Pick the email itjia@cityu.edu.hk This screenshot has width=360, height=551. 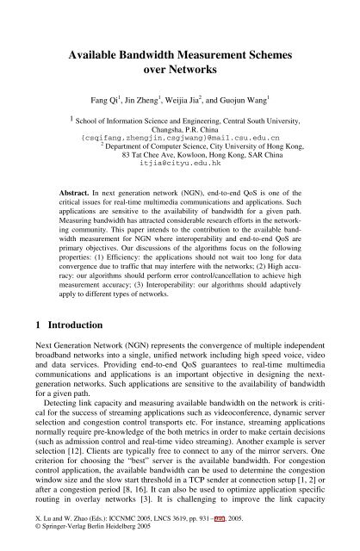click(180, 161)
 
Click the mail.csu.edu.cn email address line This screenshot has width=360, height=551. click(180, 136)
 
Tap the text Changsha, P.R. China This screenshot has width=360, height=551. click(180, 127)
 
